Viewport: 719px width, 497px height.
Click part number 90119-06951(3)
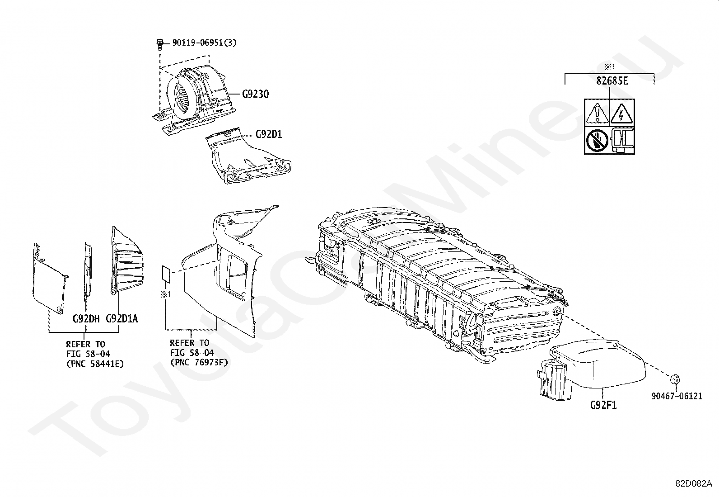204,43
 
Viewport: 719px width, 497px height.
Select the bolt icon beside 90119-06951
159,44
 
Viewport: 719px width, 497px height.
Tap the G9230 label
255,95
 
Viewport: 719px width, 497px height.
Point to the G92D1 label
269,134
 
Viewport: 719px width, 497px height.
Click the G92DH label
86,319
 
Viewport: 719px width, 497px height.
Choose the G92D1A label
121,319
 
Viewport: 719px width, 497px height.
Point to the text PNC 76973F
199,362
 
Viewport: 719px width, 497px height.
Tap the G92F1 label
603,405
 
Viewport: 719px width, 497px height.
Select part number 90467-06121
677,396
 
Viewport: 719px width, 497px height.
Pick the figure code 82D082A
693,483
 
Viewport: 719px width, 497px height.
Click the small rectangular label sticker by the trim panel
166,274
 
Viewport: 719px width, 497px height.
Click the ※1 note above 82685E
610,67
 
